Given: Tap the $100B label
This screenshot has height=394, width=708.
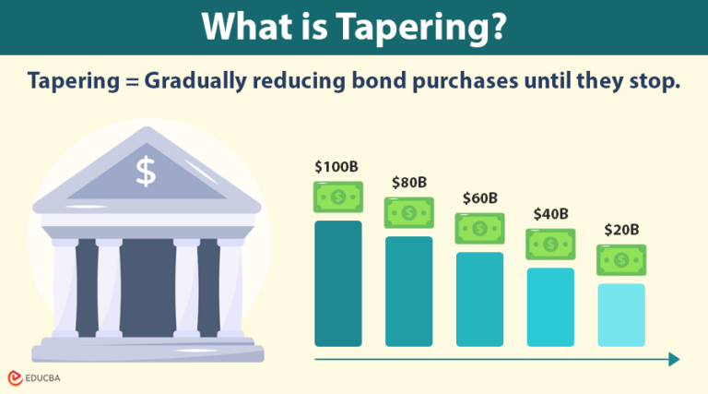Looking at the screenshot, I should point(336,167).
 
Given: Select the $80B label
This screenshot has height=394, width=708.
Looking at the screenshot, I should point(408,183).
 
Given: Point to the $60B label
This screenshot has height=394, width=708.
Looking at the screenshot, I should point(479,198).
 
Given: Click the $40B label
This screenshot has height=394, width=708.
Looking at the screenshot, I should point(550,214).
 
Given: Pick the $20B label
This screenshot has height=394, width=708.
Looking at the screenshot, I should point(621,230).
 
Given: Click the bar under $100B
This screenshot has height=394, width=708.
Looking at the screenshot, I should point(338,281).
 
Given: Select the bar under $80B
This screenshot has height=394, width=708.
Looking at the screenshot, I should point(409,290).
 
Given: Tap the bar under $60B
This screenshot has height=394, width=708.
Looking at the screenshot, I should point(479,297).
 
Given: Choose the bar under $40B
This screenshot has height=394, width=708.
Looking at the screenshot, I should point(550,305).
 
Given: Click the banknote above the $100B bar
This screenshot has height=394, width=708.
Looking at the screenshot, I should point(338,197).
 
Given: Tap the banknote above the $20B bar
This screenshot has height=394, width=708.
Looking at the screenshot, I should point(621,260).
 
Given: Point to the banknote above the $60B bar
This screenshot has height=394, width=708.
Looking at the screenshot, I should point(479,229).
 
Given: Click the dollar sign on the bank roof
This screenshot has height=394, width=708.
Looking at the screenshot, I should point(146,170).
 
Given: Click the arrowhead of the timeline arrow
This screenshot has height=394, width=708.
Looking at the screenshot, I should point(674,359).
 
